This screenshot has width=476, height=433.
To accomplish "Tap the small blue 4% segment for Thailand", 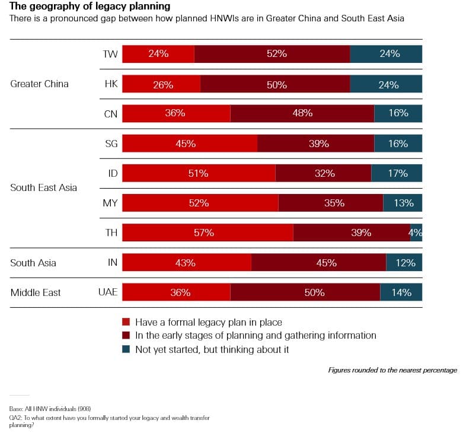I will [416, 233].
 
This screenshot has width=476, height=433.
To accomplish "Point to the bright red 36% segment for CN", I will [176, 113].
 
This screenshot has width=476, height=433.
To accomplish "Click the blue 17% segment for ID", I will [397, 173].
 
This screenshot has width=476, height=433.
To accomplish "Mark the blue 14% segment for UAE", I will [401, 292].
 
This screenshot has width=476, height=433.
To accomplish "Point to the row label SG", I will [111, 143].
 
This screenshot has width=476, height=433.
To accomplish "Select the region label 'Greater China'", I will [39, 84].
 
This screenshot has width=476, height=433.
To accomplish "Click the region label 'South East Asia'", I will [43, 187].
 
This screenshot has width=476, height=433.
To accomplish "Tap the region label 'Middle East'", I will [36, 292].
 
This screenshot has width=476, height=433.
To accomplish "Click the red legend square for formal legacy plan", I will [126, 322].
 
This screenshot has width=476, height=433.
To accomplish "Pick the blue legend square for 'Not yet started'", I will [126, 349].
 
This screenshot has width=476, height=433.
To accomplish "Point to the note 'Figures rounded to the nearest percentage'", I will [392, 370].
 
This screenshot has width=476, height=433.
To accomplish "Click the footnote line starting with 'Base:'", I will [50, 409].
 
